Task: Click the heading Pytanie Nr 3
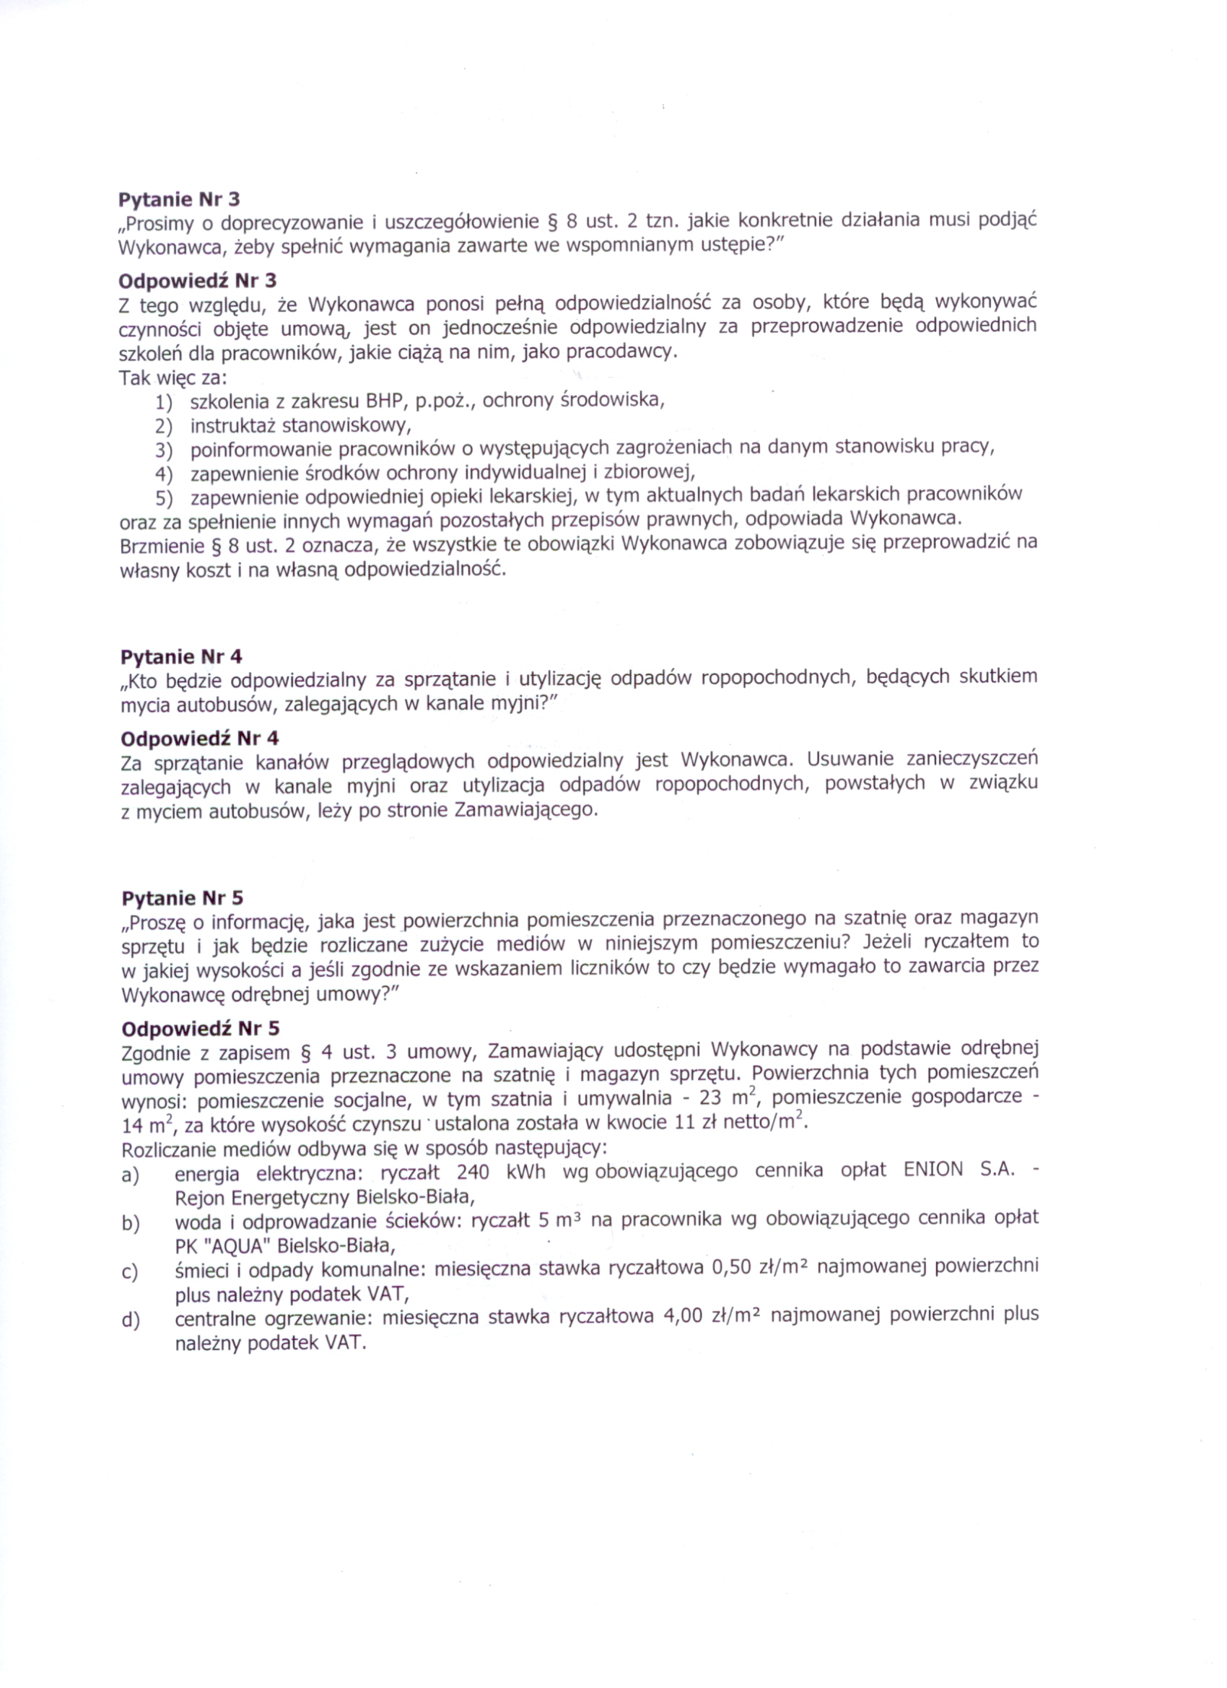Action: (x=179, y=199)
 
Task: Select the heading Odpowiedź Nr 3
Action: (x=197, y=281)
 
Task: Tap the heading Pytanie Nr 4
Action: (x=181, y=656)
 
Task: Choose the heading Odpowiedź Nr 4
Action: (x=199, y=739)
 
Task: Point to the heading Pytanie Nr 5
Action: (x=182, y=897)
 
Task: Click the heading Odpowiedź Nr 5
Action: (x=200, y=1029)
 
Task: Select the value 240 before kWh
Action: (x=473, y=1173)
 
